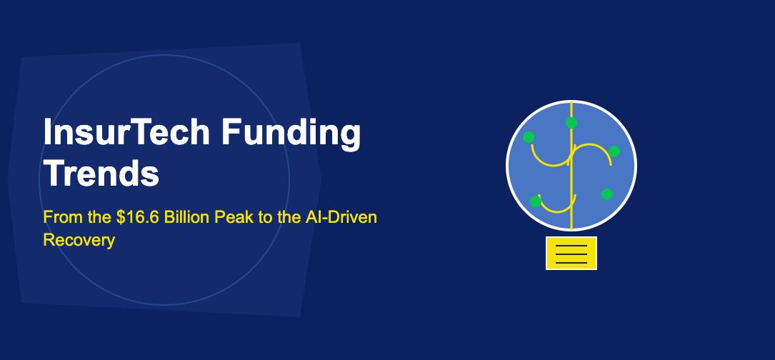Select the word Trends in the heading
(101, 174)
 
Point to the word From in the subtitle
(59, 217)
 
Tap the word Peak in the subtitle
(235, 217)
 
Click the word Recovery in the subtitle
(79, 240)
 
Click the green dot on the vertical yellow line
(571, 123)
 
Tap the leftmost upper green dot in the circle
(529, 137)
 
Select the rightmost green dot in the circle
(614, 151)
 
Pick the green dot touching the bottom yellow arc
(536, 201)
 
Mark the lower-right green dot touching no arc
(606, 194)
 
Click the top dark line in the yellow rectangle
(571, 246)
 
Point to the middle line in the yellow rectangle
(571, 254)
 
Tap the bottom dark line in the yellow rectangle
(571, 262)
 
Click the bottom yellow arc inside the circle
(556, 209)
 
